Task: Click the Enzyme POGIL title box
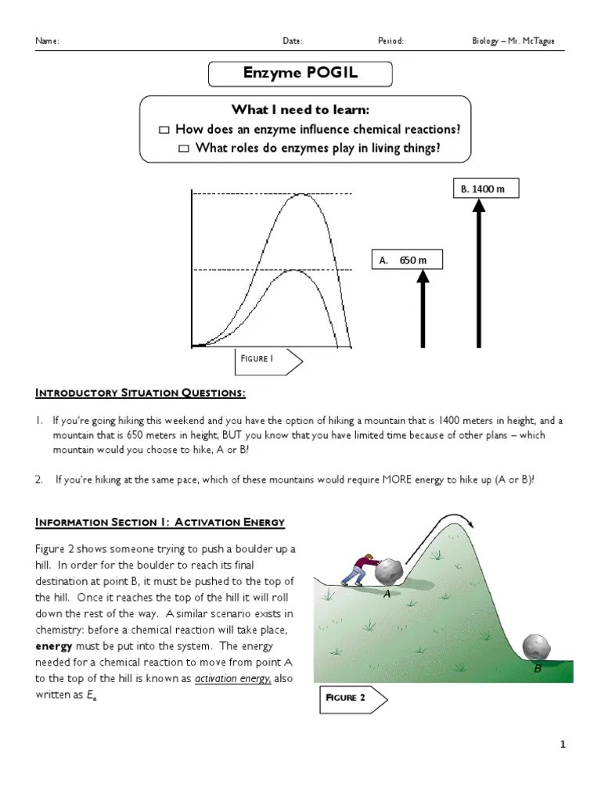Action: click(x=300, y=75)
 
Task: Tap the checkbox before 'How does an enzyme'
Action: click(x=164, y=130)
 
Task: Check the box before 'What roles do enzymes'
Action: click(x=184, y=149)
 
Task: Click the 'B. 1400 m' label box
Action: click(x=485, y=189)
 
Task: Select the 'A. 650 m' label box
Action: click(x=407, y=260)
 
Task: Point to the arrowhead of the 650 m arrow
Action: click(x=423, y=276)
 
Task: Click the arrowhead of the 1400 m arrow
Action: click(x=479, y=207)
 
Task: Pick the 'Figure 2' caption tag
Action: click(x=353, y=699)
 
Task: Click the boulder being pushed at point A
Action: click(x=390, y=572)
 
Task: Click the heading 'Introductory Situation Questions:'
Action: click(x=141, y=393)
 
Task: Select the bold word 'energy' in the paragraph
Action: click(x=54, y=647)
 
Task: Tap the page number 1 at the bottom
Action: click(x=562, y=745)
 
